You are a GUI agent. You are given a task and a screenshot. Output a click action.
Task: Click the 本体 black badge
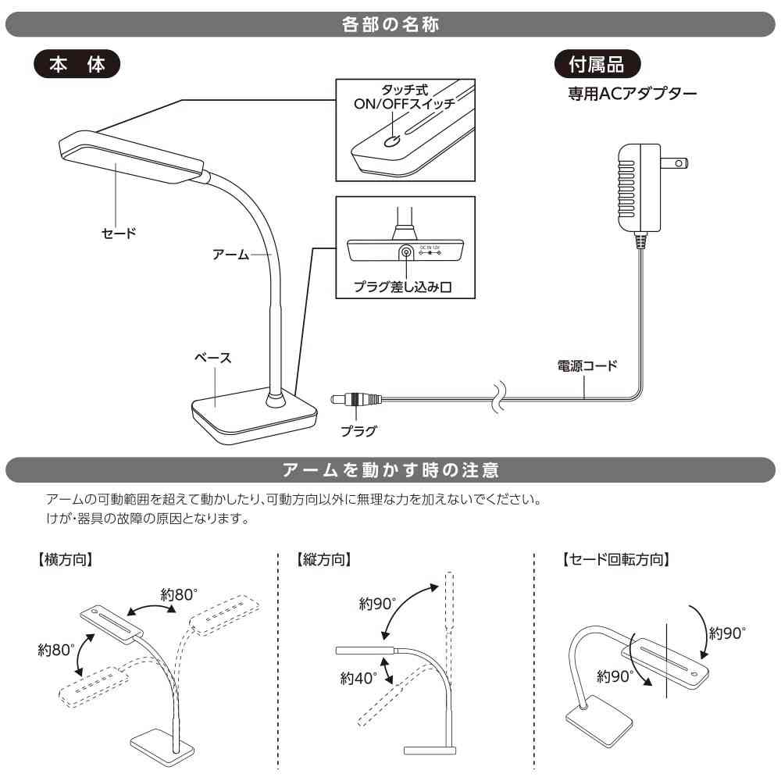click(x=77, y=65)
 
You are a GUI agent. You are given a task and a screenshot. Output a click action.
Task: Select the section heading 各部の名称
click(x=390, y=25)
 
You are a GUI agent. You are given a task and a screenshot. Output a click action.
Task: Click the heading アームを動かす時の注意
click(x=390, y=470)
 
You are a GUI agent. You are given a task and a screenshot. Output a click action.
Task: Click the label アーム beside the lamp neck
click(x=230, y=255)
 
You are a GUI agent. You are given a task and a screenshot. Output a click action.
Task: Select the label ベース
click(x=213, y=357)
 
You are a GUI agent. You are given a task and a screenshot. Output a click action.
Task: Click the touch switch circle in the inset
click(x=394, y=141)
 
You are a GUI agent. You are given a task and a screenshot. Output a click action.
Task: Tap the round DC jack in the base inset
click(x=406, y=252)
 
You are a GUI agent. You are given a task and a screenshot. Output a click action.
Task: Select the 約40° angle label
click(x=358, y=679)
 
